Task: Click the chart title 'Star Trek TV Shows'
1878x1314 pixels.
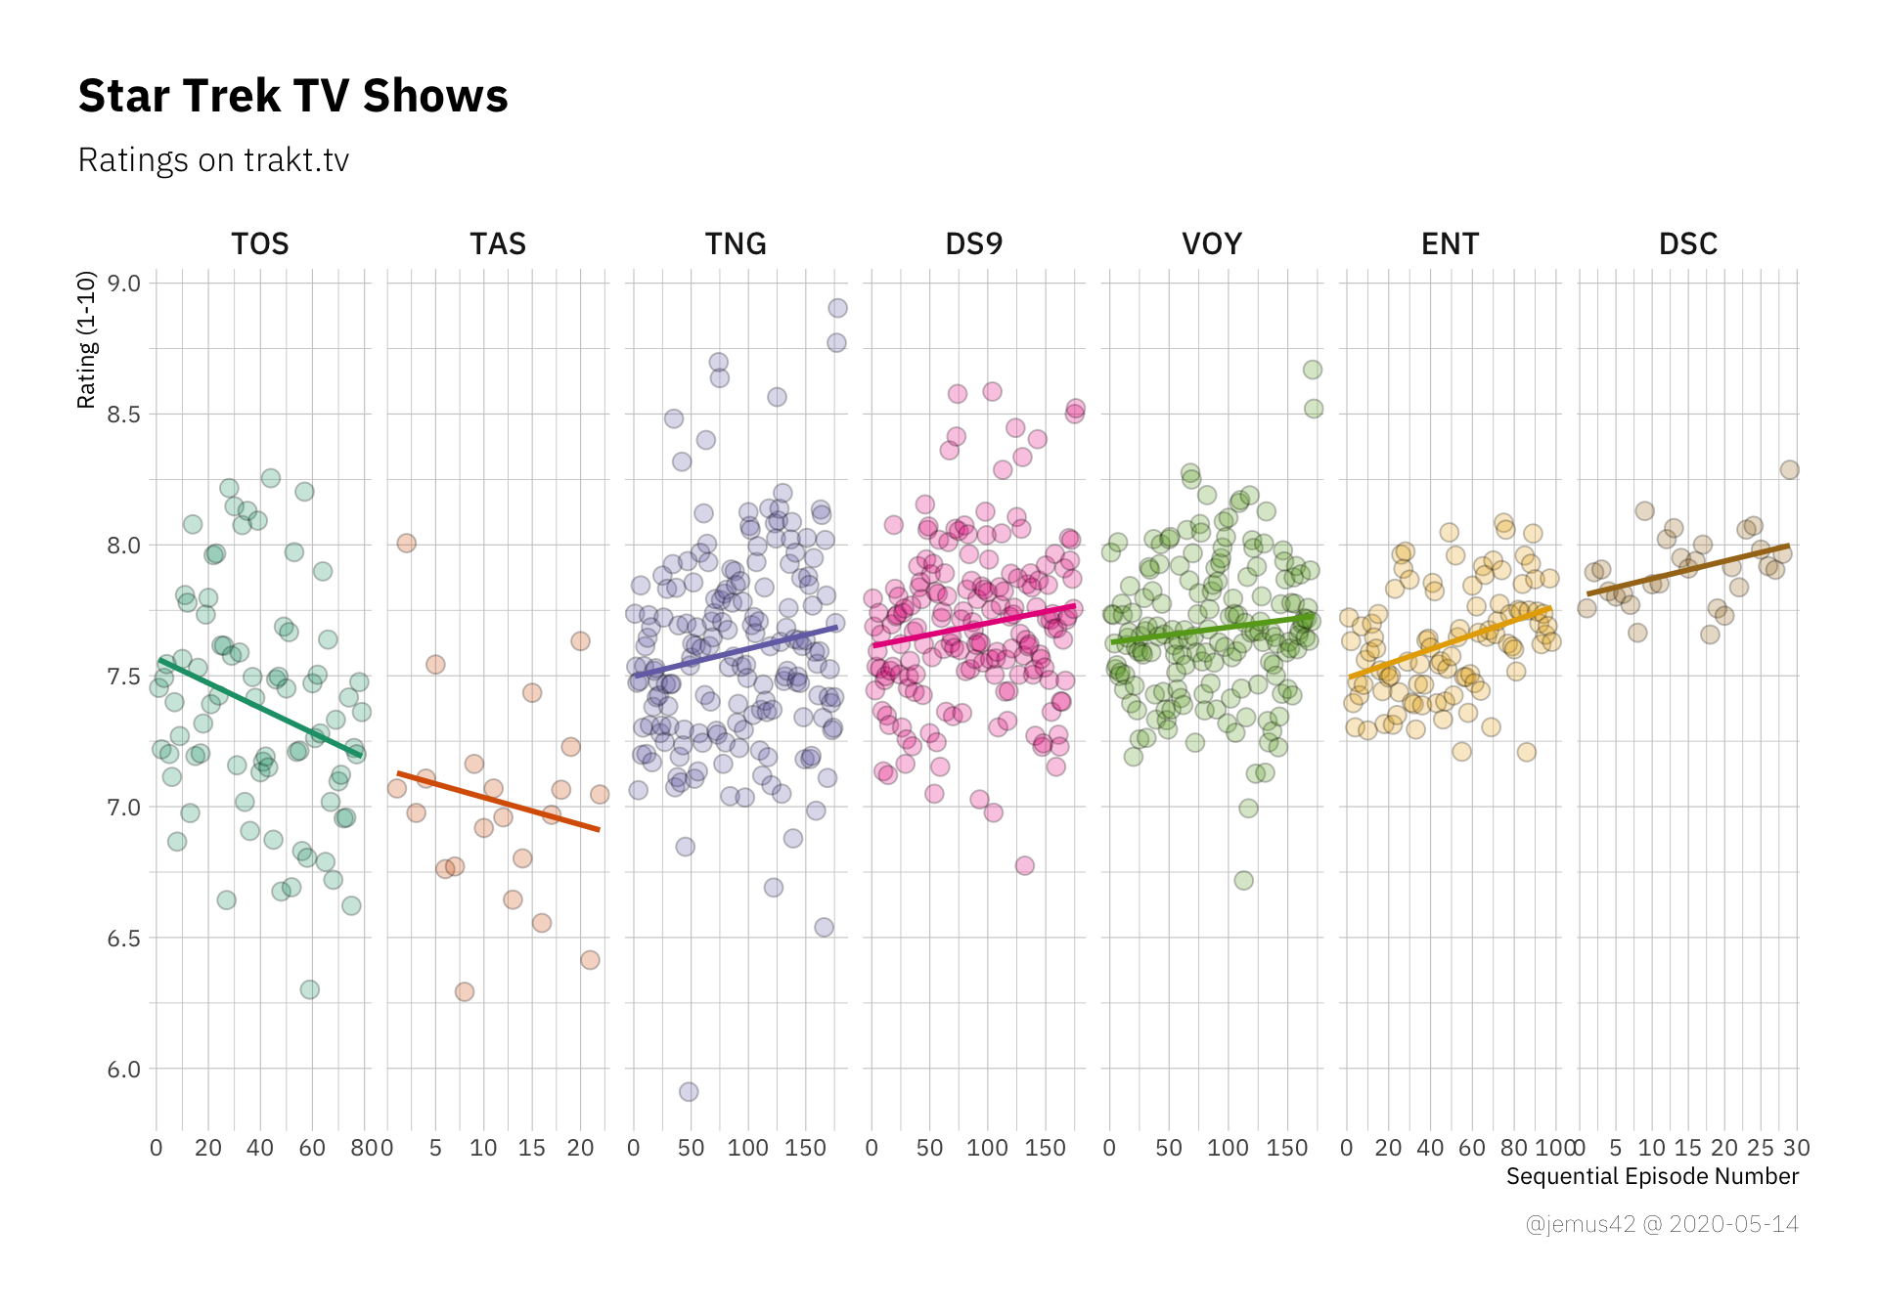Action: (x=292, y=96)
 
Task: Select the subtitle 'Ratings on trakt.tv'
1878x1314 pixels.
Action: (x=213, y=160)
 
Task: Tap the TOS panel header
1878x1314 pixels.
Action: (x=260, y=243)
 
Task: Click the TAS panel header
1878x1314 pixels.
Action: (x=498, y=243)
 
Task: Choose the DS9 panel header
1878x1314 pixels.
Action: (x=974, y=243)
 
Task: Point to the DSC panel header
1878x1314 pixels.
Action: (x=1688, y=243)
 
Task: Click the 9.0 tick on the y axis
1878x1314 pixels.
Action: (x=124, y=284)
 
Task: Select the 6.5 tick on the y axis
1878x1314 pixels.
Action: (x=124, y=939)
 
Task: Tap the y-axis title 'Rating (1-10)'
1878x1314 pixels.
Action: (x=87, y=339)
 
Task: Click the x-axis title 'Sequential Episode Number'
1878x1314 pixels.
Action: (x=1652, y=1176)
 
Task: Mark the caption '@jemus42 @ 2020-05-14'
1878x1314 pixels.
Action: (x=1662, y=1224)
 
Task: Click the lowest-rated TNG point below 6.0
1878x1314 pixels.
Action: (x=689, y=1091)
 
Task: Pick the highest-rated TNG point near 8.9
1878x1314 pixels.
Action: (x=837, y=308)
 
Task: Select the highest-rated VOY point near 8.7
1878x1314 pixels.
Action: (x=1313, y=370)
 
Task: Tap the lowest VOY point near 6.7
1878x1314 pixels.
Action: (x=1243, y=880)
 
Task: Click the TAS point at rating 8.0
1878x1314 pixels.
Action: (x=407, y=543)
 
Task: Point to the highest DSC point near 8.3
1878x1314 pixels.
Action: (x=1789, y=470)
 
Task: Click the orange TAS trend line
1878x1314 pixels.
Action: (x=498, y=802)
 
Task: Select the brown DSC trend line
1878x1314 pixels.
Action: (x=1688, y=569)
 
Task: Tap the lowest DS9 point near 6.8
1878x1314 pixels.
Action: (x=1024, y=865)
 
